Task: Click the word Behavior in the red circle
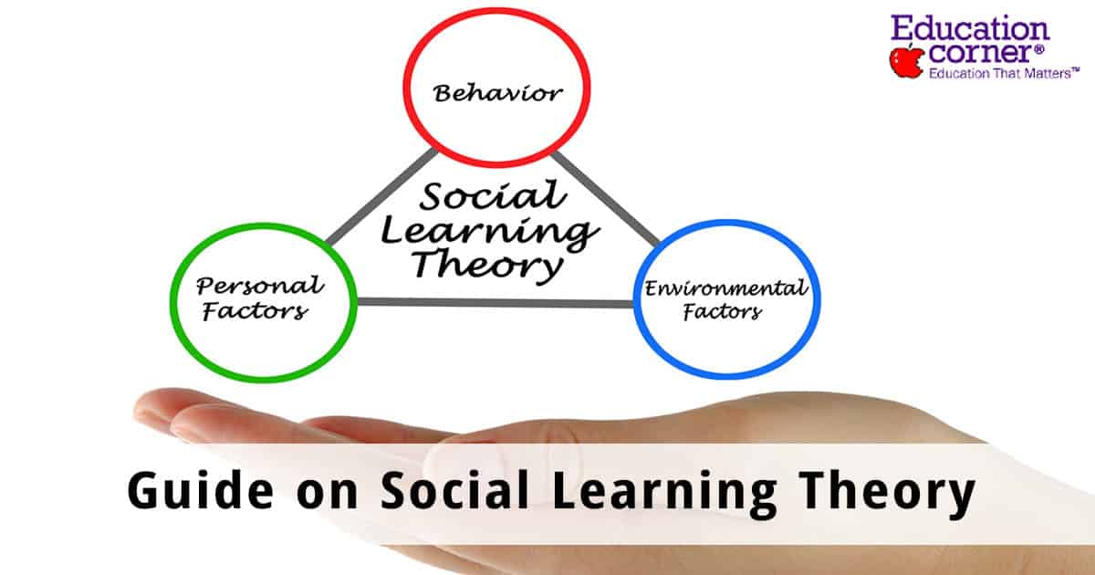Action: (497, 92)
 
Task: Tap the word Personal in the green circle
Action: (259, 286)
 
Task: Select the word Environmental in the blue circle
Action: (725, 290)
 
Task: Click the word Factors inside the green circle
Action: (254, 312)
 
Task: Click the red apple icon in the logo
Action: (907, 60)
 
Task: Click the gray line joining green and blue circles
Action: (493, 302)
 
